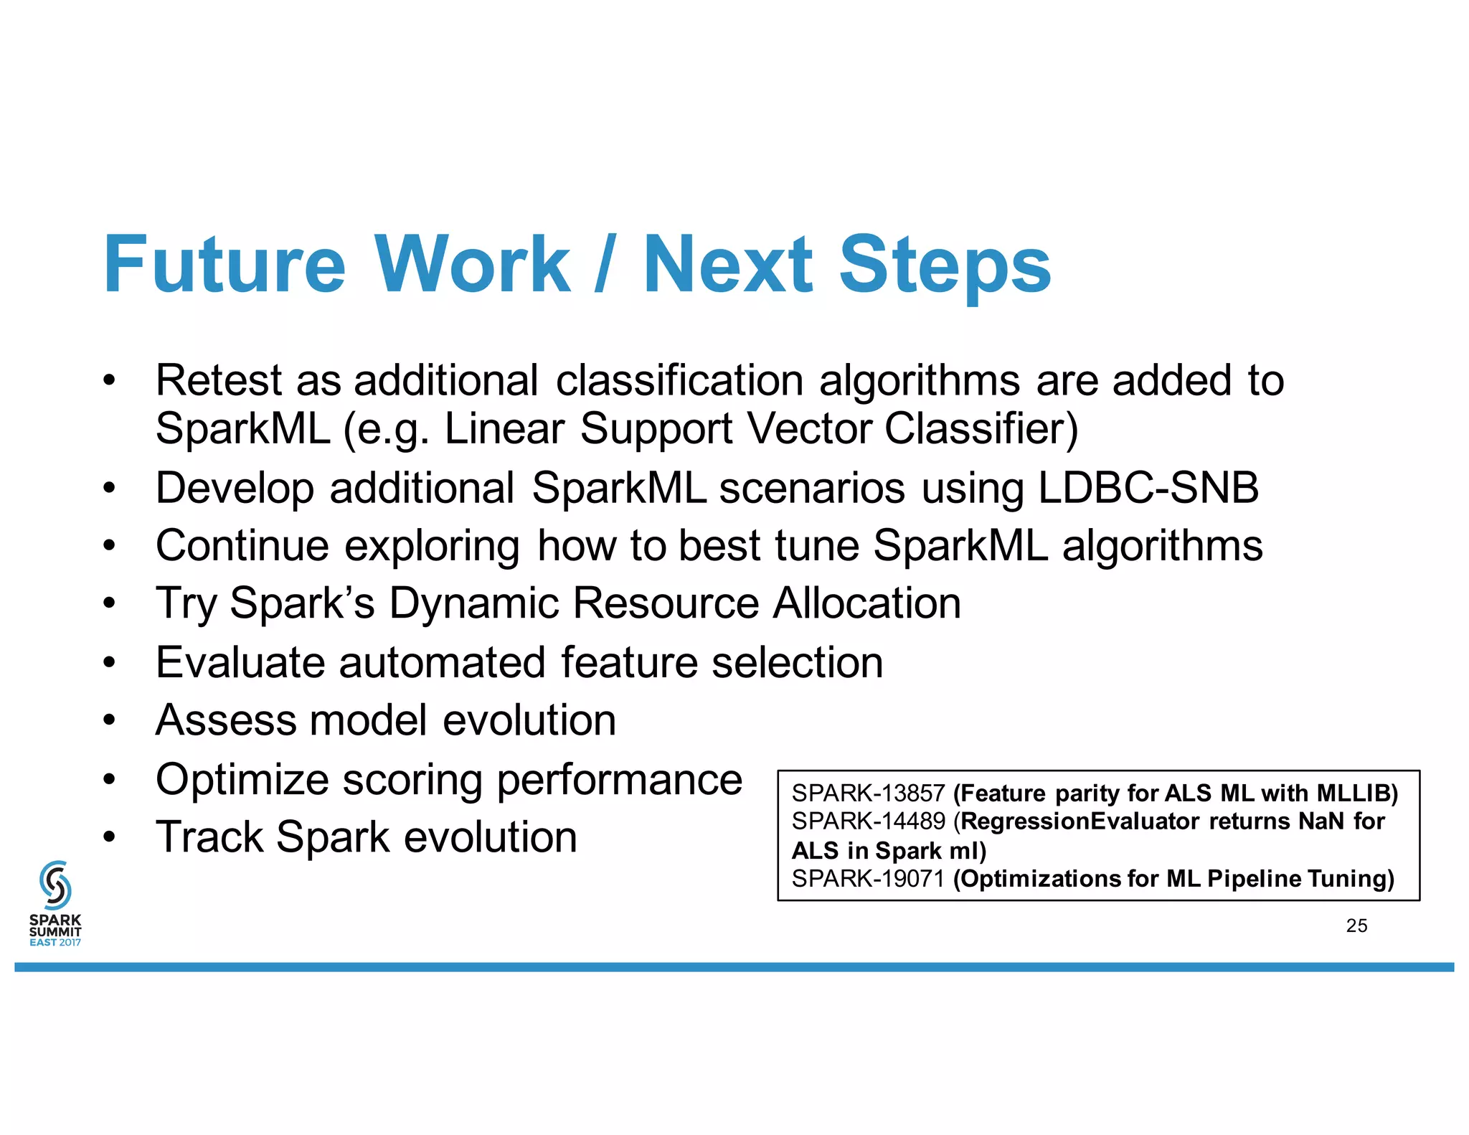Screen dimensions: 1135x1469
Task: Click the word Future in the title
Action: pos(225,265)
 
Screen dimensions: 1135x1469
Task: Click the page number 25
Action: pos(1356,926)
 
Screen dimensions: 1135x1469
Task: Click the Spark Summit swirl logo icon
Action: pos(55,884)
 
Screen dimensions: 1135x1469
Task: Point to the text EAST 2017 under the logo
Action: pos(55,942)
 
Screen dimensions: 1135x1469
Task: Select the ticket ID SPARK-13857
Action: pos(868,793)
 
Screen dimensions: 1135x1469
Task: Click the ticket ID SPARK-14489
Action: pos(868,821)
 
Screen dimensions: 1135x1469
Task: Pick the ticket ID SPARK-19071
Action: pos(868,879)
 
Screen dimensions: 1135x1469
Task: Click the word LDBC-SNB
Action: pos(1148,488)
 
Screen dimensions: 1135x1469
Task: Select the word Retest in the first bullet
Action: pos(219,380)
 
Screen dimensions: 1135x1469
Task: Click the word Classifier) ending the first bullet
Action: pos(981,429)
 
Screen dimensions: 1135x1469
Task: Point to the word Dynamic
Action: pos(473,603)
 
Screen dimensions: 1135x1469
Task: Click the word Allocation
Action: pos(866,603)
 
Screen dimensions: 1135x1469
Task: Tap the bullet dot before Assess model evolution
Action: pos(108,720)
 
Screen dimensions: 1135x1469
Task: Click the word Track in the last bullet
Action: pos(209,837)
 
